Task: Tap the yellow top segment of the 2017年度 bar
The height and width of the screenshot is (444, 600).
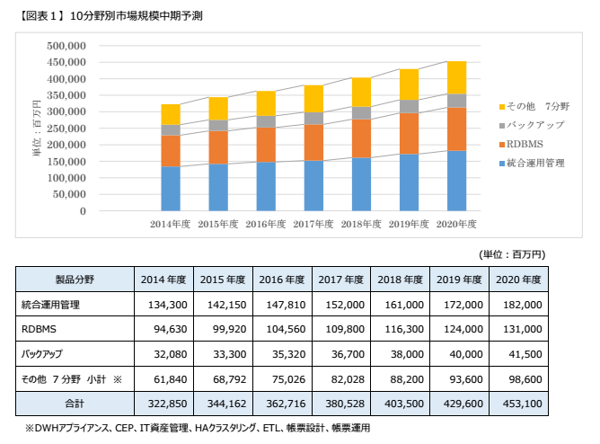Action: click(x=313, y=99)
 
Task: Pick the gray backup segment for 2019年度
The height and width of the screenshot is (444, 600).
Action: click(x=408, y=106)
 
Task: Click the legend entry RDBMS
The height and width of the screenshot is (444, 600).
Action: click(x=525, y=144)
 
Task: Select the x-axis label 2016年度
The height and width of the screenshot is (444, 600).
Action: click(x=265, y=224)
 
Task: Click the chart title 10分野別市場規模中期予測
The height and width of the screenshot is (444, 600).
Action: click(x=118, y=15)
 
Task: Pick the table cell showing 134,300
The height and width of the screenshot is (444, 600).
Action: click(x=163, y=305)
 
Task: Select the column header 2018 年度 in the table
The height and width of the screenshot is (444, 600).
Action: click(x=401, y=280)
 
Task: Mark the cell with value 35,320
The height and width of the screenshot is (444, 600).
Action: click(x=283, y=355)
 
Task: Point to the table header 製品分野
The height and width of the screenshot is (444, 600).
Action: click(x=75, y=280)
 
